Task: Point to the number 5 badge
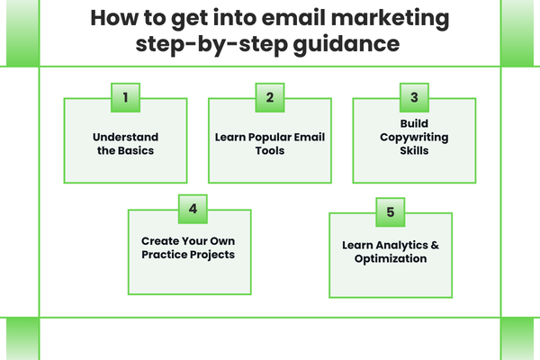coord(390,212)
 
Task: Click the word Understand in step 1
coord(125,137)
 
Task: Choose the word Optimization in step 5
coord(391,258)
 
